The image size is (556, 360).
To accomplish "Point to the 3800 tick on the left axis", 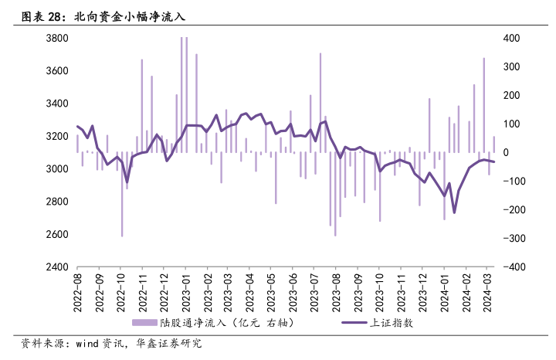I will [58, 38].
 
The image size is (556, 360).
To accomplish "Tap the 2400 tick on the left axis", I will [58, 267].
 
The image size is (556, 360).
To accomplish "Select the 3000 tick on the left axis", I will [58, 169].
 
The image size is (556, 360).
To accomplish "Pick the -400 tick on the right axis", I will [514, 267].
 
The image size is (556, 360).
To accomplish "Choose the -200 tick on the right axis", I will [514, 210].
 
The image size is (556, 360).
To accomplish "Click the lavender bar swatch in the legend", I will [144, 322].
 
